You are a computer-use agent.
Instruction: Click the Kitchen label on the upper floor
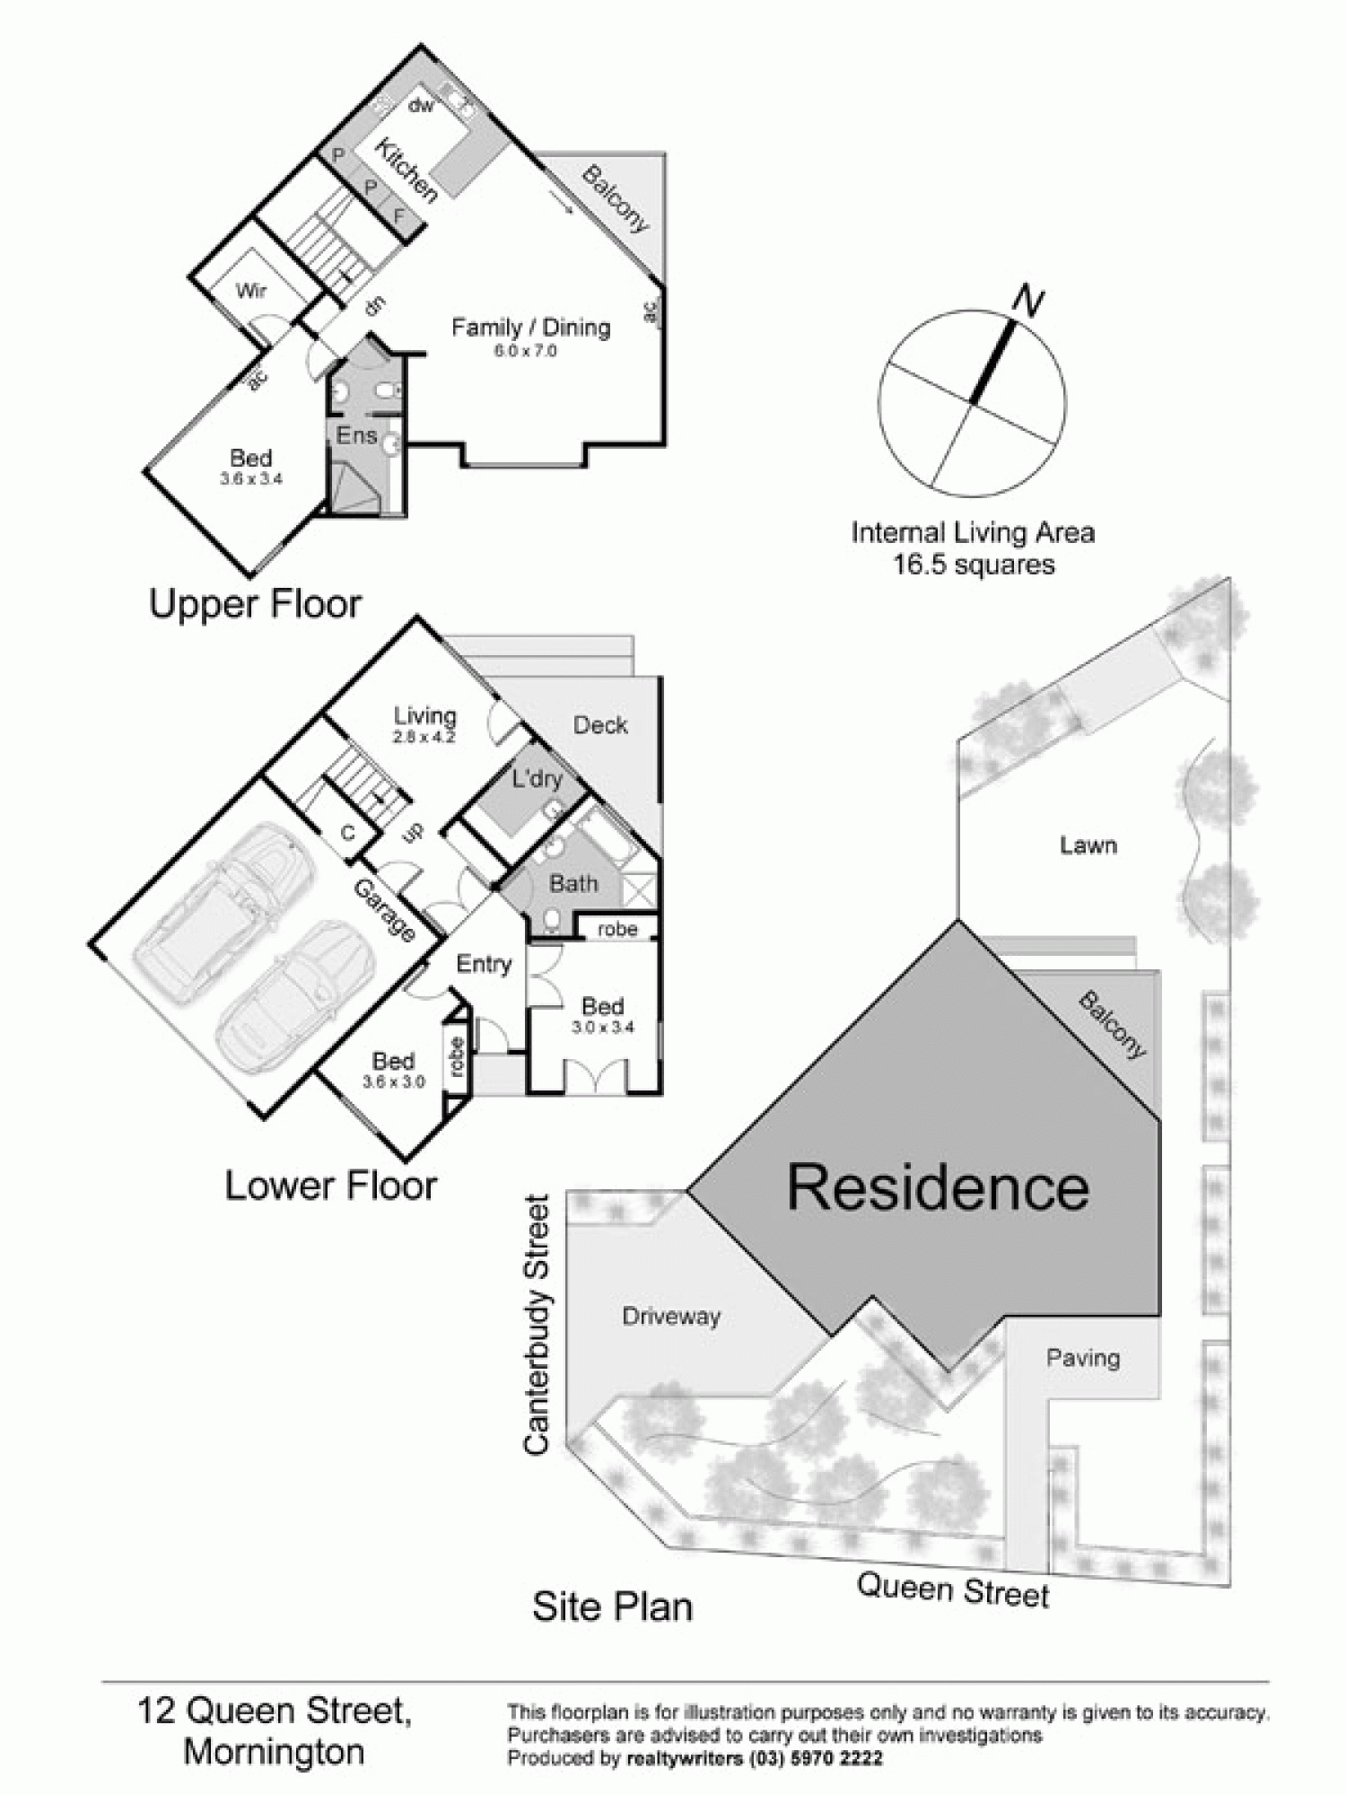point(405,170)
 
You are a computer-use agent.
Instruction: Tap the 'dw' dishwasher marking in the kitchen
point(421,106)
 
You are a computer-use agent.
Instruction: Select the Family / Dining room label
point(530,328)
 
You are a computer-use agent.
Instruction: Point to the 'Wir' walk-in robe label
point(251,291)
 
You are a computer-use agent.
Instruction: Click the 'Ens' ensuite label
point(354,435)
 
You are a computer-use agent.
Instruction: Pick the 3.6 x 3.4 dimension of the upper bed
point(251,479)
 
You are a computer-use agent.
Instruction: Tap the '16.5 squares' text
point(973,565)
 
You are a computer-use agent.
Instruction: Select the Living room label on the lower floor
point(425,716)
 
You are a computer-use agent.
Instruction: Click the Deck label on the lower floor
point(600,725)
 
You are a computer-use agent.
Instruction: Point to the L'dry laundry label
point(537,778)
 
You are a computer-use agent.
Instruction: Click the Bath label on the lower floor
point(573,884)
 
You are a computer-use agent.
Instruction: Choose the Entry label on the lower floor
point(484,964)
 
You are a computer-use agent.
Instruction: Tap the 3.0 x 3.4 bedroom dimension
point(603,1027)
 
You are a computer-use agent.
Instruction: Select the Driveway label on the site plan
point(671,1317)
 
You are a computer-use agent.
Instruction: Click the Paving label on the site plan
point(1083,1358)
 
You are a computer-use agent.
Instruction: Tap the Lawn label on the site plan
point(1088,845)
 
